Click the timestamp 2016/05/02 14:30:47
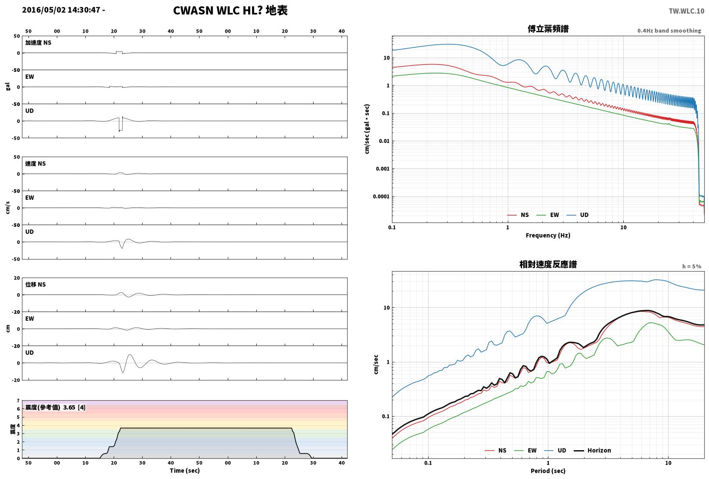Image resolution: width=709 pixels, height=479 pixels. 61,10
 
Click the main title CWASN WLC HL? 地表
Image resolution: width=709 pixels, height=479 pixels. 230,10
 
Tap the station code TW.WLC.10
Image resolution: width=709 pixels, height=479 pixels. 686,11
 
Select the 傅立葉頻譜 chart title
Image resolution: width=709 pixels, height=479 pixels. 548,29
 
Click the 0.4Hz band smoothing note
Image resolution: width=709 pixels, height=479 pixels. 669,31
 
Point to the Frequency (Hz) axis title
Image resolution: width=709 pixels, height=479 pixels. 548,235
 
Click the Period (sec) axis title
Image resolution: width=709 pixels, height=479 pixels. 548,471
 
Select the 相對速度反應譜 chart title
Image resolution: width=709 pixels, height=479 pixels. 548,264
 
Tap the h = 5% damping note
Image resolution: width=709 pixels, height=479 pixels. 692,266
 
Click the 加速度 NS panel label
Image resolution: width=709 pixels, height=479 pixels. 38,43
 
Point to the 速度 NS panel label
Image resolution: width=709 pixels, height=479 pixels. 35,164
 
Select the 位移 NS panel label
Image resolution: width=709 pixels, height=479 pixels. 35,284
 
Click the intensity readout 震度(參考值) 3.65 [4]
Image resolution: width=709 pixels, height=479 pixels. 56,407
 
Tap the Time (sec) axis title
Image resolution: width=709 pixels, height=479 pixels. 184,470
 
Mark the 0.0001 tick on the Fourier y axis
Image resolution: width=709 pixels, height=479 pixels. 381,197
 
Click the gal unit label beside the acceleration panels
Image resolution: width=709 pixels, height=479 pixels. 8,87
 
